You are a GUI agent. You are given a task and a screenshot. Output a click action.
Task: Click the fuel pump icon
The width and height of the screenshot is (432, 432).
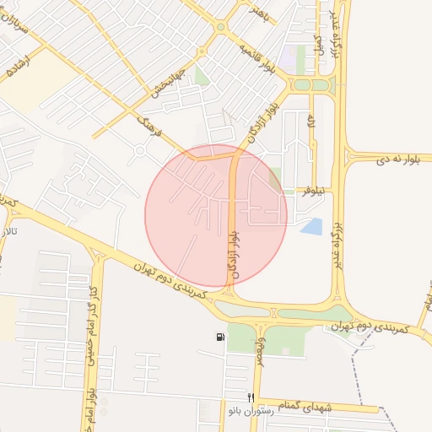pyautogui.click(x=220, y=338)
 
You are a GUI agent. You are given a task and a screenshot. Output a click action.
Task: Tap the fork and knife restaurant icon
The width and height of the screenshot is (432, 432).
pyautogui.click(x=250, y=396)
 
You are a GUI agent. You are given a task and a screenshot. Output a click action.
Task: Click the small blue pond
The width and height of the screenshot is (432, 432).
pyautogui.click(x=311, y=226)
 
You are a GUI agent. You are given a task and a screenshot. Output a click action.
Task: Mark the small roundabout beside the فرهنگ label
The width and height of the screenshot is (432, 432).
pyautogui.click(x=140, y=152)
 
